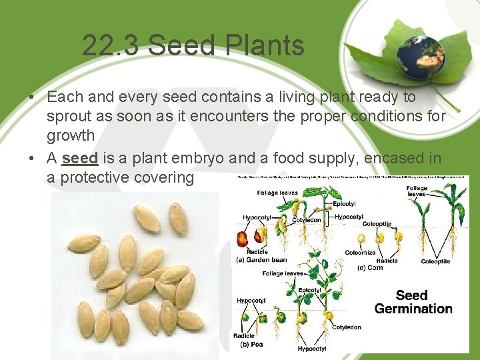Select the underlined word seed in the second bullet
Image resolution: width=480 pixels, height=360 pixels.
click(80, 158)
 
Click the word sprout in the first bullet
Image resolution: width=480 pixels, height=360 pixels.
click(70, 116)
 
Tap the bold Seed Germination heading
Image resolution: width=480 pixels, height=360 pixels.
click(413, 302)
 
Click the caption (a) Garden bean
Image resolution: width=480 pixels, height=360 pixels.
click(263, 260)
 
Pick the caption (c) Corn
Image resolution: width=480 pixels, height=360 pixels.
click(371, 268)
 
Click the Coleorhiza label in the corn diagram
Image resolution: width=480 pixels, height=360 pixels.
click(361, 253)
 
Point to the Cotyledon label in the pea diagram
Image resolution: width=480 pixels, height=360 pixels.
click(347, 327)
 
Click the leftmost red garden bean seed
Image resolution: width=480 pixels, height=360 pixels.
click(242, 238)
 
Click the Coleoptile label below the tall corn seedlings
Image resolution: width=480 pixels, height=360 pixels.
click(436, 261)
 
